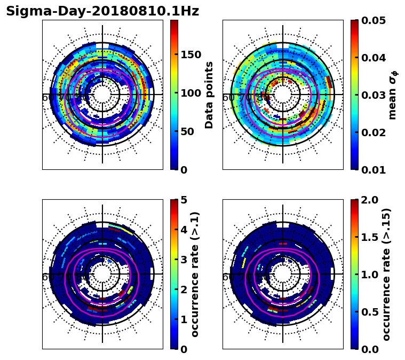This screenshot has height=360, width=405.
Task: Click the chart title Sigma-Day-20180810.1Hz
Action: pos(102,11)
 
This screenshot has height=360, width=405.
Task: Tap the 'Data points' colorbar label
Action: pos(209,95)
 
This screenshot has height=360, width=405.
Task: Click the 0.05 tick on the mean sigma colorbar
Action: pos(374,20)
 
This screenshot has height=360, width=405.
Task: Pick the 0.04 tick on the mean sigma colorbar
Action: pos(374,58)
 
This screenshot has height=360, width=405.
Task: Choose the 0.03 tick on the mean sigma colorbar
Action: pos(374,95)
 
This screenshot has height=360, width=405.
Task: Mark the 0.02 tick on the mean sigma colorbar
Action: pos(374,132)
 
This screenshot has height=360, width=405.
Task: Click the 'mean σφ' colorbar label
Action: pos(393,95)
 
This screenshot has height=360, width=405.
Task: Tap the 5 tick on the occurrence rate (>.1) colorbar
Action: pos(184,200)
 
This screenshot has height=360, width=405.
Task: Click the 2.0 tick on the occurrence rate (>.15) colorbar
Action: pos(369,200)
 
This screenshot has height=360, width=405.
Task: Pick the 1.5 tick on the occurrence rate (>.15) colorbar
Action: pos(369,237)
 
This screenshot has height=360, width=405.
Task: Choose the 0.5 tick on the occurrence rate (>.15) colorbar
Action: pos(369,312)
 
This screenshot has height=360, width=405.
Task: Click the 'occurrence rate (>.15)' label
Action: pos(386,274)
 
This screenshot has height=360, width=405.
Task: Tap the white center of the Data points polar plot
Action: pos(102,95)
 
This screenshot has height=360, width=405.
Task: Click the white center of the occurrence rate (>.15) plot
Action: pos(283,274)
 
